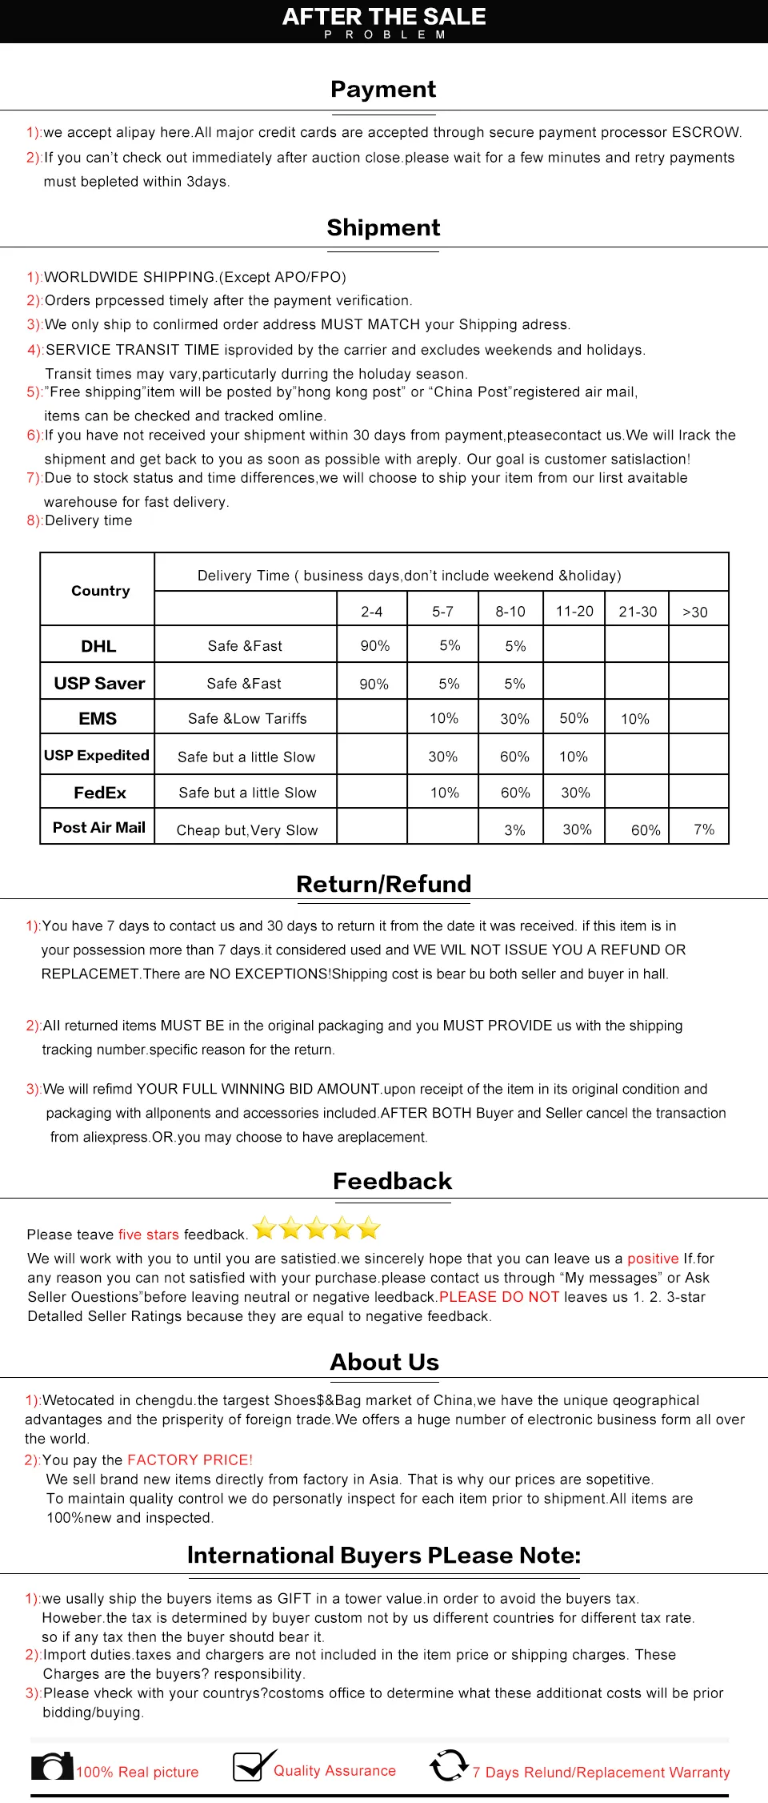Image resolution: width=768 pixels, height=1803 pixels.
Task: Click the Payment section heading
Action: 383,89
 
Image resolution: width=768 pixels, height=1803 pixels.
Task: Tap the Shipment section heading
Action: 383,227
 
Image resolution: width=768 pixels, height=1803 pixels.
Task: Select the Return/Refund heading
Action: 383,884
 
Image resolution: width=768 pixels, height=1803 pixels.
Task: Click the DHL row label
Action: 98,646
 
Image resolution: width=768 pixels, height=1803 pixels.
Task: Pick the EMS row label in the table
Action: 98,719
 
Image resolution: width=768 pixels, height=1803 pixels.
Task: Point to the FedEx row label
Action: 100,793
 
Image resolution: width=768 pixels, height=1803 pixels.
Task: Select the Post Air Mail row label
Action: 99,828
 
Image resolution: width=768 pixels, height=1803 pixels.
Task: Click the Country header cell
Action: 100,591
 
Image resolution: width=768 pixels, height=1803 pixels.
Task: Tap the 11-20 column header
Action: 574,612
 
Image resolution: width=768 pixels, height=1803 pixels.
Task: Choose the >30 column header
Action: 694,612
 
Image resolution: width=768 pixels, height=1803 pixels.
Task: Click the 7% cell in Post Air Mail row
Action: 704,829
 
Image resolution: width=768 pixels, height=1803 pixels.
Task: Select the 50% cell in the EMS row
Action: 574,718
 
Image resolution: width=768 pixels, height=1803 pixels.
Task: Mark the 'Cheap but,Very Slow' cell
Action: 247,830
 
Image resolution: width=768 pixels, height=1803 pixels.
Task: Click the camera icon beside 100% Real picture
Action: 52,1767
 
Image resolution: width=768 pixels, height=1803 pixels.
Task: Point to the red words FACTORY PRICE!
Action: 190,1460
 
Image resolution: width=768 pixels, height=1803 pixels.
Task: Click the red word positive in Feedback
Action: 653,1259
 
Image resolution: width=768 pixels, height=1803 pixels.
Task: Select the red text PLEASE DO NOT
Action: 499,1297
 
